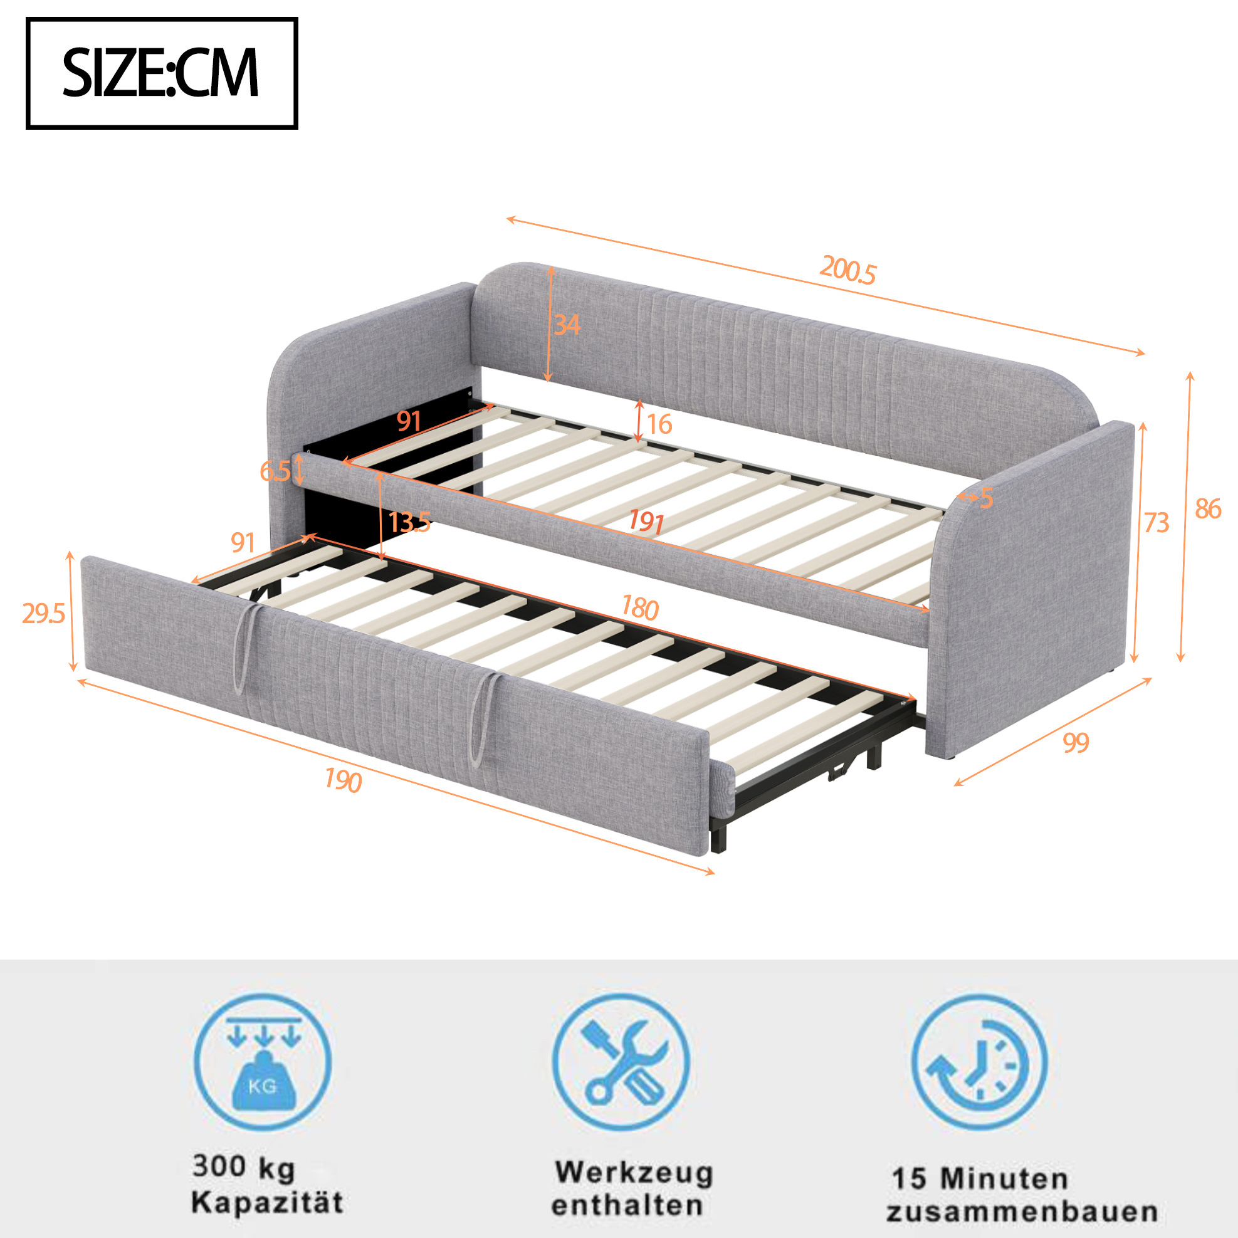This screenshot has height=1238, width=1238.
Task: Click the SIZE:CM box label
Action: [x=162, y=73]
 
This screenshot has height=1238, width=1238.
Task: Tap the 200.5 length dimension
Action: [x=847, y=270]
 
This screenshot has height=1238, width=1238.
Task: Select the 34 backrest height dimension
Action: [x=567, y=325]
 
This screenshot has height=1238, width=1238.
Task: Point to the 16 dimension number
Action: [x=659, y=424]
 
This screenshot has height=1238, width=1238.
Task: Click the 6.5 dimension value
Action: [x=275, y=471]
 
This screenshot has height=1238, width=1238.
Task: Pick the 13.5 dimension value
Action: [x=409, y=522]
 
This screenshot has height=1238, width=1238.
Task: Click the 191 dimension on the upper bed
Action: [x=646, y=521]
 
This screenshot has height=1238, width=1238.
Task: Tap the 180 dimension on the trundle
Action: [x=640, y=608]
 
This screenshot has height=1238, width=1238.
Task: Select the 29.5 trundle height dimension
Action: [x=44, y=614]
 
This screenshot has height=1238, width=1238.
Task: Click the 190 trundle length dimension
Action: [x=343, y=780]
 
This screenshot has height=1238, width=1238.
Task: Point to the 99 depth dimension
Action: [x=1076, y=743]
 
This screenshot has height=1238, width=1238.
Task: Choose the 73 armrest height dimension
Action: [x=1157, y=523]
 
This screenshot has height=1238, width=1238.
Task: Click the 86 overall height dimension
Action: [x=1208, y=509]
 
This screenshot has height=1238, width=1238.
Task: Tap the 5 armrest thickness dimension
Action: [x=986, y=498]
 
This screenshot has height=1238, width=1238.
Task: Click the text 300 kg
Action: [x=243, y=1165]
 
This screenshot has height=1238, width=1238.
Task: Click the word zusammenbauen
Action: [x=1022, y=1212]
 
